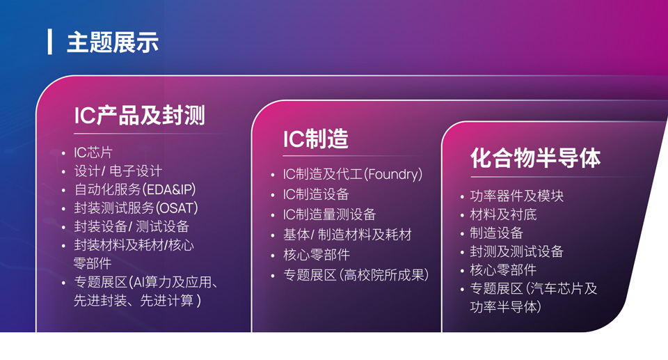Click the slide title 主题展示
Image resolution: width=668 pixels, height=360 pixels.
(113, 42)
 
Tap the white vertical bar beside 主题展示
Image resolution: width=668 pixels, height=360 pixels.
(50, 42)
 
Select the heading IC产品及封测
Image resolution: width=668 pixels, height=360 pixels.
(139, 115)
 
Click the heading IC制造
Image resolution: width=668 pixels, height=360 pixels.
(316, 139)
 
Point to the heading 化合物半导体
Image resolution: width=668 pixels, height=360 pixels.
(536, 158)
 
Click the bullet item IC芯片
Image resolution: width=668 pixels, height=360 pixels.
(93, 152)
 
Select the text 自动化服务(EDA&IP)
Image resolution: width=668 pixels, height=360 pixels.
(135, 189)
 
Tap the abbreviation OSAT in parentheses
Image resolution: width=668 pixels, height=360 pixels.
(176, 208)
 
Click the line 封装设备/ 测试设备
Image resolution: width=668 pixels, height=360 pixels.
(132, 226)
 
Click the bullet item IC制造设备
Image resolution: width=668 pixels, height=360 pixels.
(316, 194)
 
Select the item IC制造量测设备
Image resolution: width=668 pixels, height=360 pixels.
(329, 214)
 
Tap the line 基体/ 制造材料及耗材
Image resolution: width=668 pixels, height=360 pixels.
(347, 235)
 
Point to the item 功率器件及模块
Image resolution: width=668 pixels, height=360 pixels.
(517, 196)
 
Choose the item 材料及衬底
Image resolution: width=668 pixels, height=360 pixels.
(503, 214)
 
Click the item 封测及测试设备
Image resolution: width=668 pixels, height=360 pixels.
(516, 251)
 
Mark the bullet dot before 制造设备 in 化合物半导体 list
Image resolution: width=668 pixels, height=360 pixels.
(462, 234)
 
